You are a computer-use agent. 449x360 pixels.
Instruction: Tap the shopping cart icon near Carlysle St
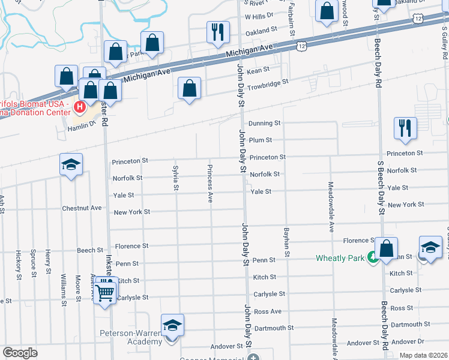pyautogui.click(x=104, y=293)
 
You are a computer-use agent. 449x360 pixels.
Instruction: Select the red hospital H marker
pyautogui.click(x=79, y=108)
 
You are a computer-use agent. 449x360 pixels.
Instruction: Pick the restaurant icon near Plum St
pyautogui.click(x=405, y=128)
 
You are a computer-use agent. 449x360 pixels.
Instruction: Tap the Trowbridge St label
pyautogui.click(x=268, y=81)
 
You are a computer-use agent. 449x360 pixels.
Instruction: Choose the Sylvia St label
pyautogui.click(x=175, y=178)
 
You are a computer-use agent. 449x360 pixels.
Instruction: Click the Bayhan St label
pyautogui.click(x=287, y=242)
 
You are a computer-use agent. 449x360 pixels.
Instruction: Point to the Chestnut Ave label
pyautogui.click(x=82, y=208)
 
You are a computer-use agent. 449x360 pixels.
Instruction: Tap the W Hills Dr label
pyautogui.click(x=259, y=16)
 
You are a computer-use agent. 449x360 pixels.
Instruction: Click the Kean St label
pyautogui.click(x=258, y=70)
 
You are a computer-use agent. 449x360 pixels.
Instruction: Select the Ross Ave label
pyautogui.click(x=267, y=311)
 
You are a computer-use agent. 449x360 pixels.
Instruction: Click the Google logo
pyautogui.click(x=20, y=352)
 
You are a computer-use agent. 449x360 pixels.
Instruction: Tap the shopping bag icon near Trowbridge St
pyautogui.click(x=190, y=89)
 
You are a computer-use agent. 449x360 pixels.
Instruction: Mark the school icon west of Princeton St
pyautogui.click(x=71, y=165)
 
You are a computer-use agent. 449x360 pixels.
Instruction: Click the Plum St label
pyautogui.click(x=261, y=140)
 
